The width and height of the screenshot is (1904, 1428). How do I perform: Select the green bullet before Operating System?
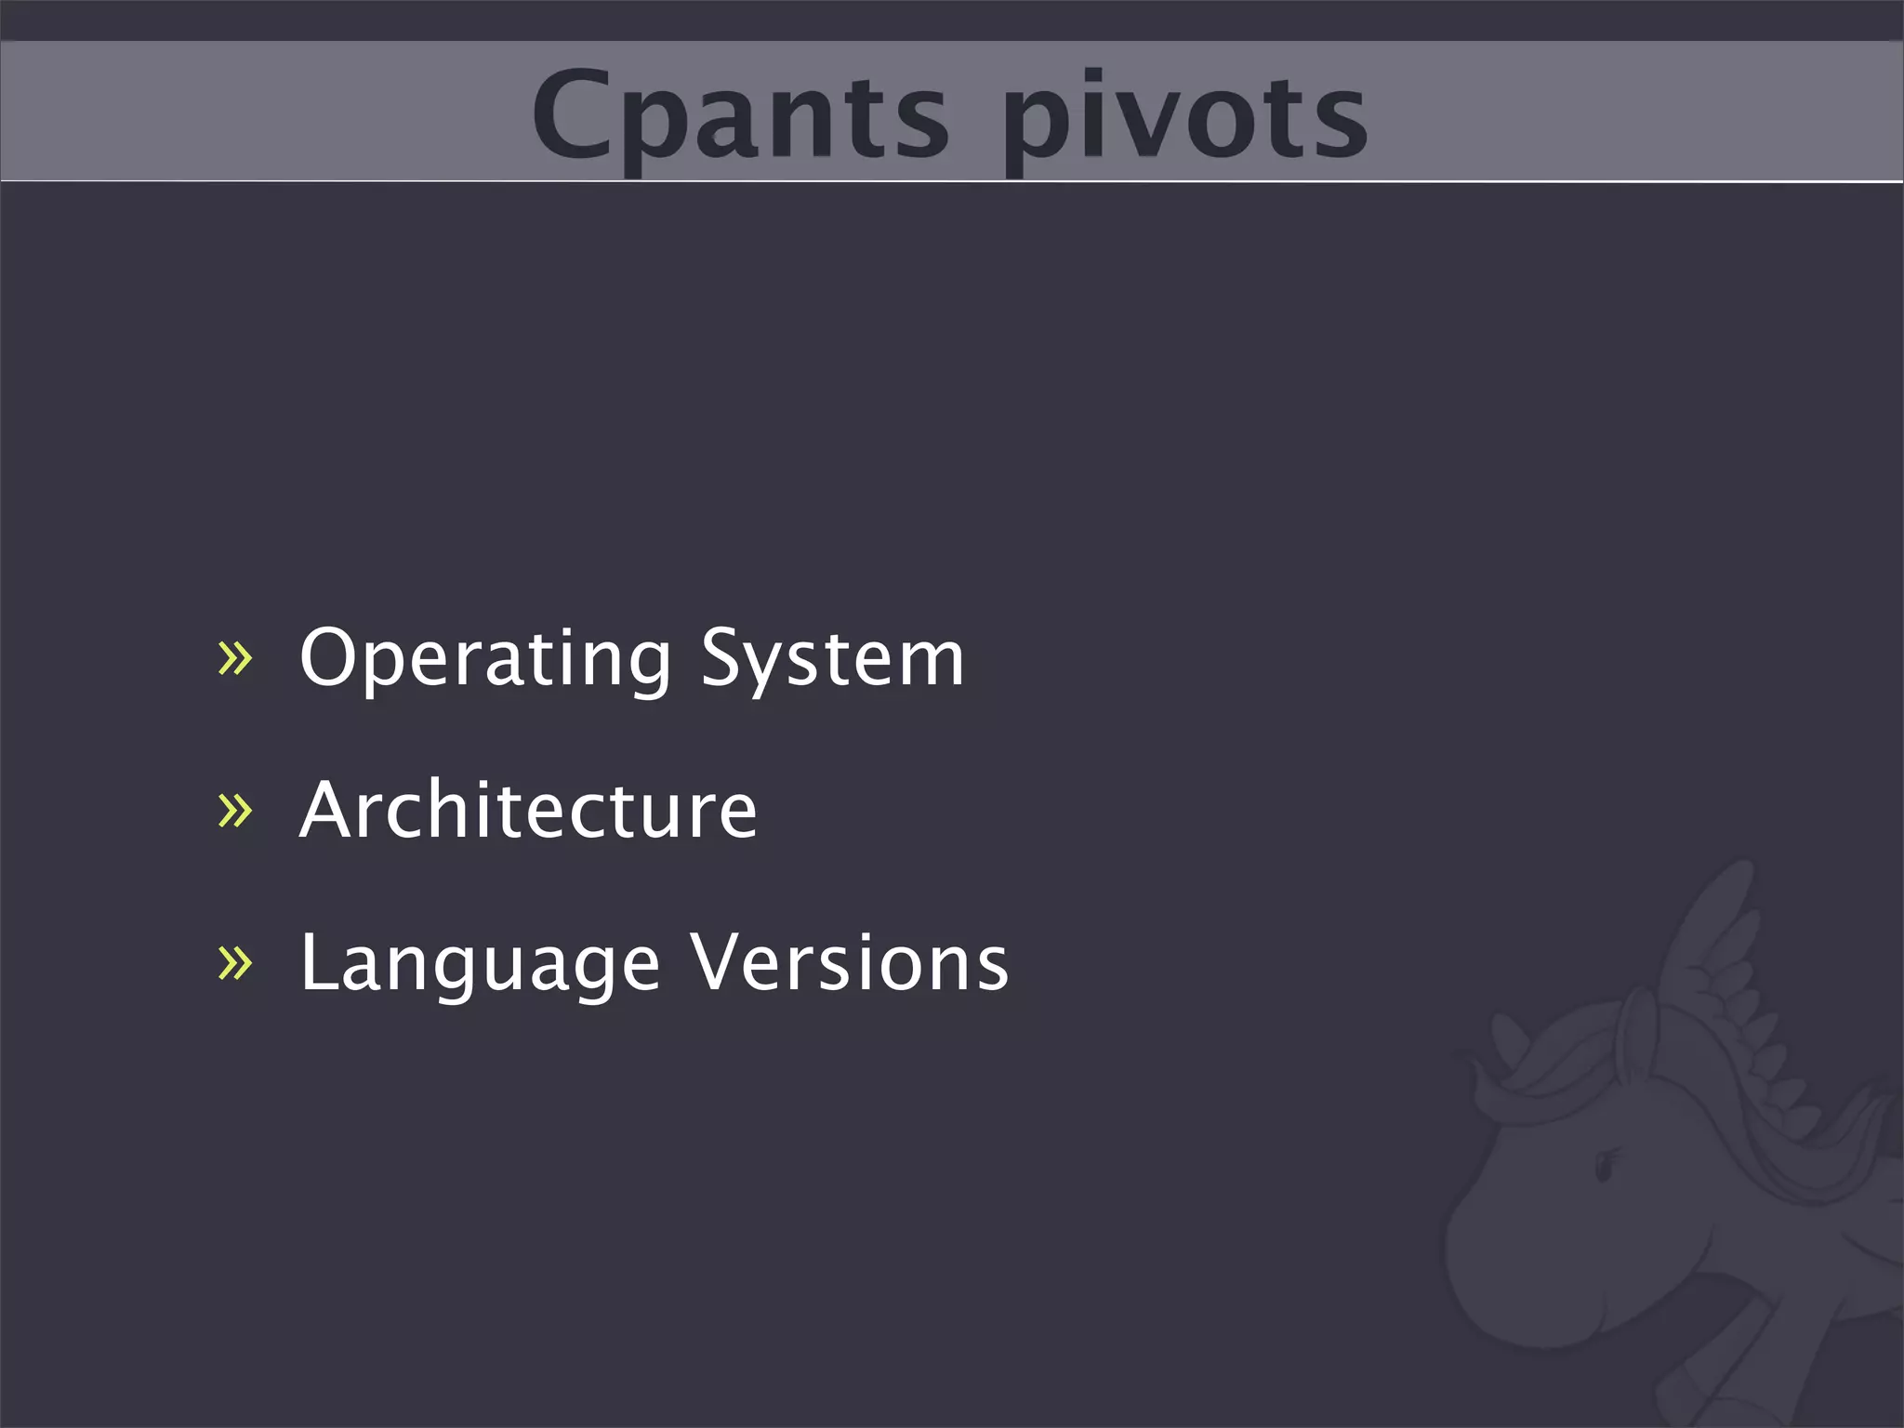(x=234, y=658)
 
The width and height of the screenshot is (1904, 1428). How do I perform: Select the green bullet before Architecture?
(x=234, y=810)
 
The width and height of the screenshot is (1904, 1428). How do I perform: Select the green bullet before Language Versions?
(x=234, y=962)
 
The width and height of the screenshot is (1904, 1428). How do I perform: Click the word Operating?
(x=484, y=658)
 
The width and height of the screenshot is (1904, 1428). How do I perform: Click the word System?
(x=832, y=658)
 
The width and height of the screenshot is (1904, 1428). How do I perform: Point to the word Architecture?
(x=528, y=810)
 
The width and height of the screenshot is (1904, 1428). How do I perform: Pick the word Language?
(x=480, y=963)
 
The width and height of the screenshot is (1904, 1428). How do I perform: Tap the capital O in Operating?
(x=331, y=656)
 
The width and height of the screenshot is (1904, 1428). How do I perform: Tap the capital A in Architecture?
(x=326, y=810)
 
